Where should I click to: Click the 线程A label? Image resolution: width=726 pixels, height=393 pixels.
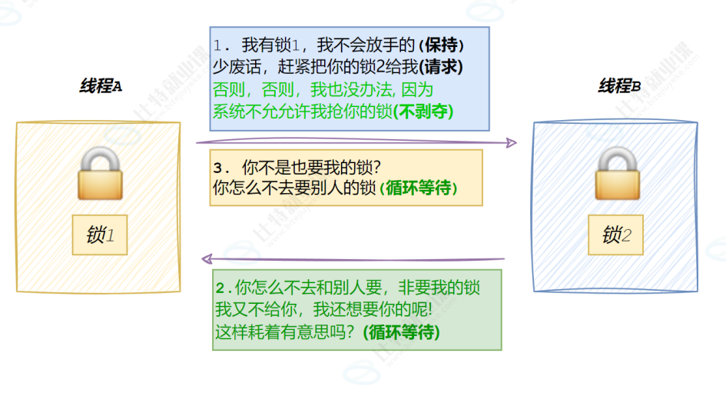[x=101, y=87]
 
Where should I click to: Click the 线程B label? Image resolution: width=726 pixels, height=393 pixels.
[x=619, y=87]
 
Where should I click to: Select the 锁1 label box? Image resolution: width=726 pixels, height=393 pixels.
[x=100, y=235]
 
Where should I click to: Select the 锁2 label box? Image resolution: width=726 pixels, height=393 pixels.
[x=616, y=234]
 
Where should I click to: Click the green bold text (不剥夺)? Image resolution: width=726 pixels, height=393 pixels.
[x=423, y=111]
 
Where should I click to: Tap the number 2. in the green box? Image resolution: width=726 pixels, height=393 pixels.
[x=224, y=289]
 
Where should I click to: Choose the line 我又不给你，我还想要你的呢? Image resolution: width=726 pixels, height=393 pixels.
[x=323, y=311]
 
